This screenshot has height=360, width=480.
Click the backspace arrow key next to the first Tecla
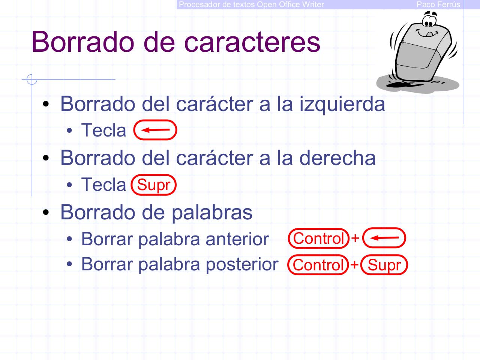tap(155, 130)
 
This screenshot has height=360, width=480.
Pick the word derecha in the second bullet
tap(337, 157)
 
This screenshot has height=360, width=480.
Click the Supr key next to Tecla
tap(154, 185)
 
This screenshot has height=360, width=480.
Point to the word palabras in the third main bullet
tap(212, 212)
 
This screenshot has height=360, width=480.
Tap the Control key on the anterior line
tap(319, 238)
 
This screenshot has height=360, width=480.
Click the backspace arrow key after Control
tap(385, 238)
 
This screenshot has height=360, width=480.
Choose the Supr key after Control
tap(384, 265)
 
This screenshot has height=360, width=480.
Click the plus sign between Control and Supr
tap(354, 265)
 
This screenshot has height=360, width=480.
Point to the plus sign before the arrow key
tap(355, 238)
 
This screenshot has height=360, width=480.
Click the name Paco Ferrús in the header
tap(438, 4)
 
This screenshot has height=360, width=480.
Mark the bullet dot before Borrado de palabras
tap(46, 213)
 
